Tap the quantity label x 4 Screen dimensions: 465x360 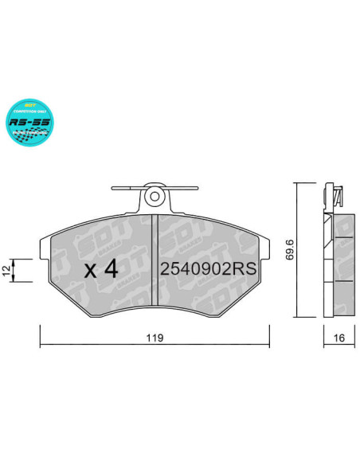point(102,268)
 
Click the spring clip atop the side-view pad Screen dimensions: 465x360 point(335,195)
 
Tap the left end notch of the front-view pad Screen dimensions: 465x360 point(44,247)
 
